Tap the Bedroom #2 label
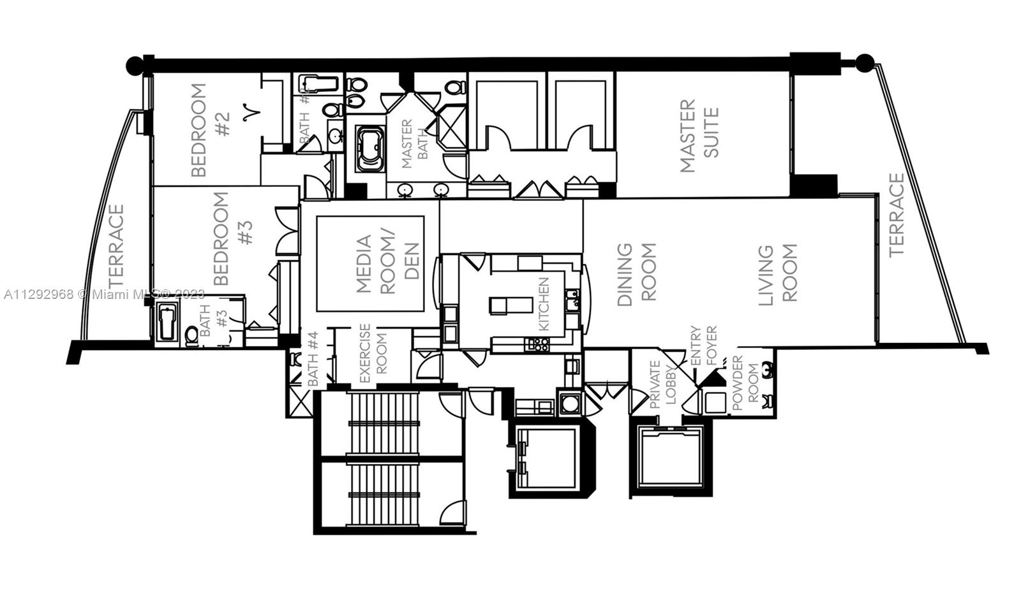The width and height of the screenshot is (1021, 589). [x=209, y=130]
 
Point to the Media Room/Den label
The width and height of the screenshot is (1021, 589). [x=387, y=264]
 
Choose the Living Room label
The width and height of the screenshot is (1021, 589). [x=778, y=274]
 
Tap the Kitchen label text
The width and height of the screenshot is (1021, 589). [x=543, y=303]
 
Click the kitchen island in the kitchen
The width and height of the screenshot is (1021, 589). [x=511, y=305]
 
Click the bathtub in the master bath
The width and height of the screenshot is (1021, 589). [x=369, y=149]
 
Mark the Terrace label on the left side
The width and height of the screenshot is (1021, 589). [x=116, y=245]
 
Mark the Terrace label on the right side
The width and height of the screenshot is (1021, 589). [x=897, y=215]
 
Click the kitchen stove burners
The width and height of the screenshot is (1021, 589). [x=537, y=345]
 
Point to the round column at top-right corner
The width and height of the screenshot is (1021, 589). [x=864, y=62]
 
